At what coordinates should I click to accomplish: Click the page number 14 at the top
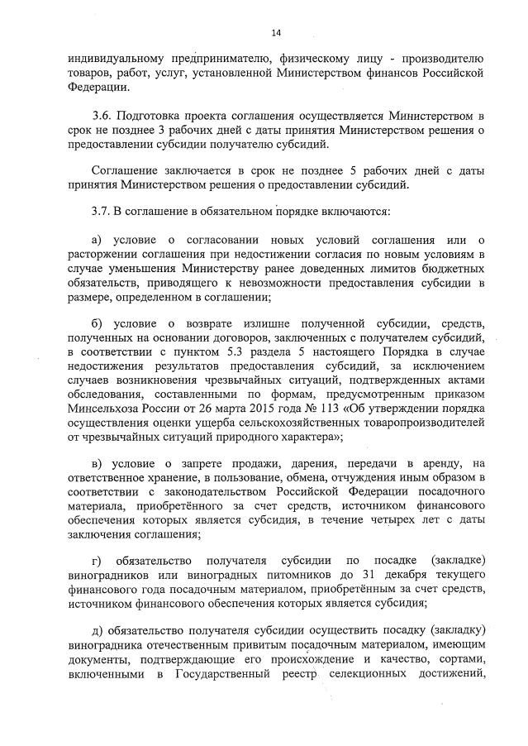click(x=276, y=32)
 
